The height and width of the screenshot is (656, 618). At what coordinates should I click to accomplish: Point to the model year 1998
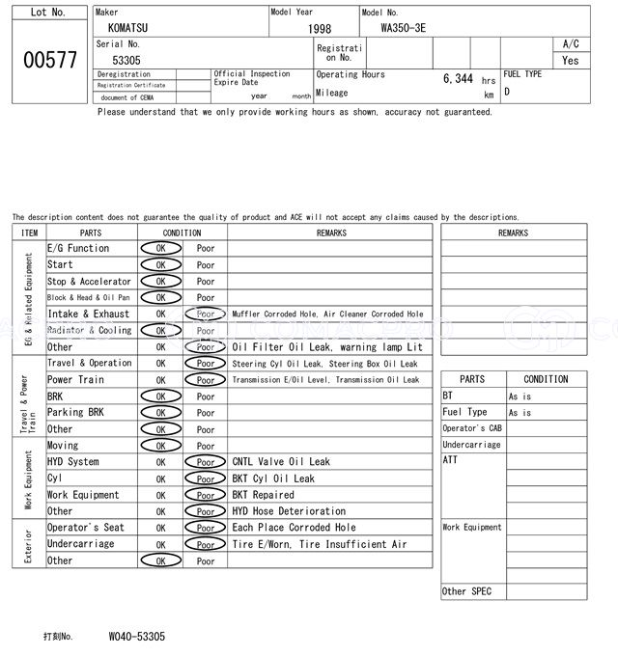point(319,30)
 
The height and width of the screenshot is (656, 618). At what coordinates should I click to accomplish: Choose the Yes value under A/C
point(571,60)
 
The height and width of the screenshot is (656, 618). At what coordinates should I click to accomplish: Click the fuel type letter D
point(507,93)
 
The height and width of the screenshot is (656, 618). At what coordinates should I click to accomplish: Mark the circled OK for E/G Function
point(160,249)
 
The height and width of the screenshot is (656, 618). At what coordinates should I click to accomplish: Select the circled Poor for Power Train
point(206,380)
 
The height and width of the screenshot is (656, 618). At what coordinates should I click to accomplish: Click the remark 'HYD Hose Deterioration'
point(289,511)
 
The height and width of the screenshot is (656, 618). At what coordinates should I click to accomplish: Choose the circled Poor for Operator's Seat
point(206,528)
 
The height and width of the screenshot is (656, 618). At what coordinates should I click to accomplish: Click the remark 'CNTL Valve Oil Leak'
point(281,462)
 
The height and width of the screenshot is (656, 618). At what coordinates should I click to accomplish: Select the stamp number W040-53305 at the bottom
point(136,637)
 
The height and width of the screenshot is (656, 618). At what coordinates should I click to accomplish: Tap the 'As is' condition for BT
point(520,396)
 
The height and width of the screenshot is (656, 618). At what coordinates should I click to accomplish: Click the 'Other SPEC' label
point(466,591)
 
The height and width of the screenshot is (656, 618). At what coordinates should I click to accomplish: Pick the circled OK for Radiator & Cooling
point(160,331)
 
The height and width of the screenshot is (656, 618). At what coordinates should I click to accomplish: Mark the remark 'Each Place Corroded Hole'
point(294,528)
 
